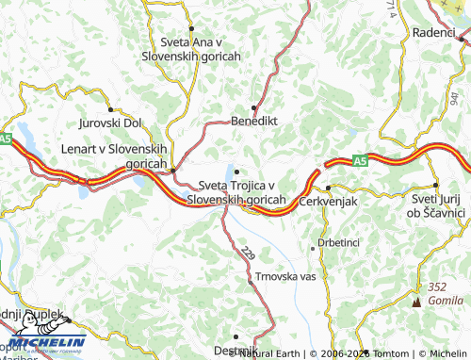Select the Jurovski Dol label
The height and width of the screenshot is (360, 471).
pyautogui.click(x=110, y=123)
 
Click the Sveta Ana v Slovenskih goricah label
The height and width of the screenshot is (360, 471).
pyautogui.click(x=191, y=49)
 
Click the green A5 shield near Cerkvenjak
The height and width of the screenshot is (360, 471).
pyautogui.click(x=359, y=162)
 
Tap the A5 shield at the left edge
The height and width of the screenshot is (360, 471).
pyautogui.click(x=6, y=139)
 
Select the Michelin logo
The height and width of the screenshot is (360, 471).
pyautogui.click(x=43, y=342)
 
